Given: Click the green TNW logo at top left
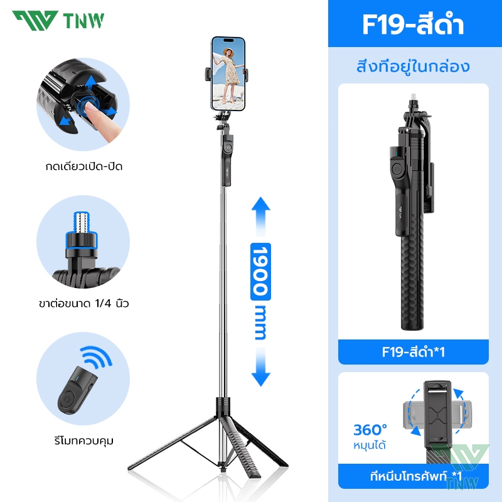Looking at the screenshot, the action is (58, 21).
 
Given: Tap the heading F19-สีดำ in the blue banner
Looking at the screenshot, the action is (413, 24).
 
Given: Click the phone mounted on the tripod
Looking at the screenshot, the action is (228, 73).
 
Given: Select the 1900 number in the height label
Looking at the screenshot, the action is (260, 272).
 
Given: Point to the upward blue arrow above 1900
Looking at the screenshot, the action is (261, 216).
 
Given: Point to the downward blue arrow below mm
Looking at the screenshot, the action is (261, 367).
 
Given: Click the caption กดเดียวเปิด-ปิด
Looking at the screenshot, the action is (84, 166).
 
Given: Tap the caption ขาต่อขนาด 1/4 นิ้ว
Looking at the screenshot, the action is (84, 303).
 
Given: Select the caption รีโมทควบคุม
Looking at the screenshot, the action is (84, 441).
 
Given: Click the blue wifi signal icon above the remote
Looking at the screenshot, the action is (97, 356).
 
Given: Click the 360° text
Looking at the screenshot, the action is (370, 430).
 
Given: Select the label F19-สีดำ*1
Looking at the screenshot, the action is (413, 352).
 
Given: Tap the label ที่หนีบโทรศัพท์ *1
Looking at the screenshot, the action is (416, 476).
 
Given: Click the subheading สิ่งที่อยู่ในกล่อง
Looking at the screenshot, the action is (413, 67).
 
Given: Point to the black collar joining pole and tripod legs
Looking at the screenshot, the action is (223, 406).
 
